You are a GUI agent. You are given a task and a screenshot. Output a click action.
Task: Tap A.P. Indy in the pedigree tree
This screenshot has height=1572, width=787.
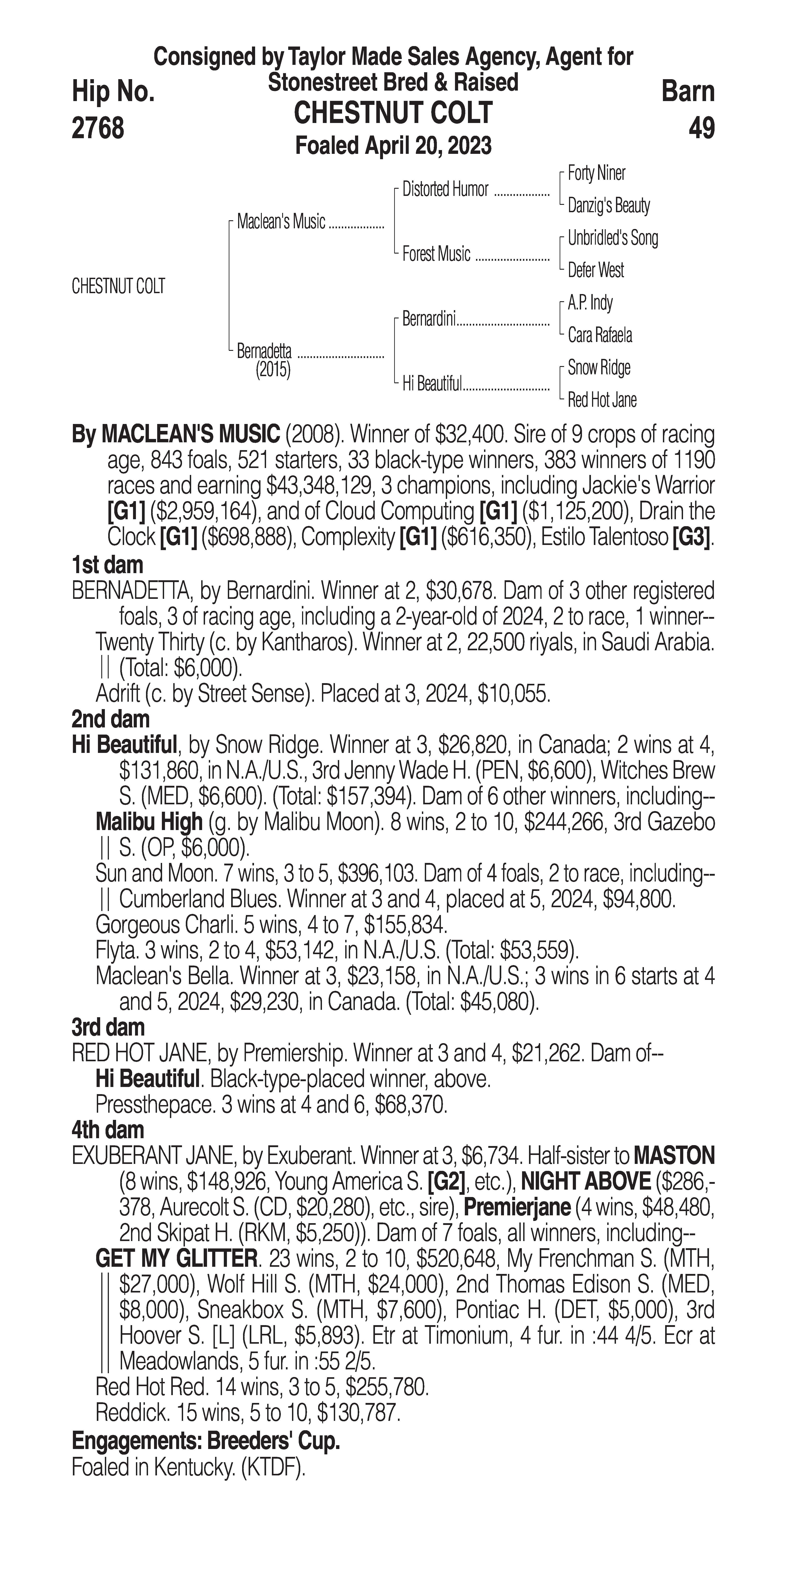pos(590,303)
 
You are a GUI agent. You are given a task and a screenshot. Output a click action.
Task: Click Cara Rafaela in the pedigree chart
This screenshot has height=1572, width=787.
pos(600,335)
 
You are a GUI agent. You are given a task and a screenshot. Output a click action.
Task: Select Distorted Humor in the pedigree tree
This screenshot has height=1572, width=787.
pos(445,190)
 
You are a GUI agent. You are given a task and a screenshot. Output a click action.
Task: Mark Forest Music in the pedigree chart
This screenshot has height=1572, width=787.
pos(436,254)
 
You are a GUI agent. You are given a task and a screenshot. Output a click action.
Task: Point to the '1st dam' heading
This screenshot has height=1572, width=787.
pos(107,565)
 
